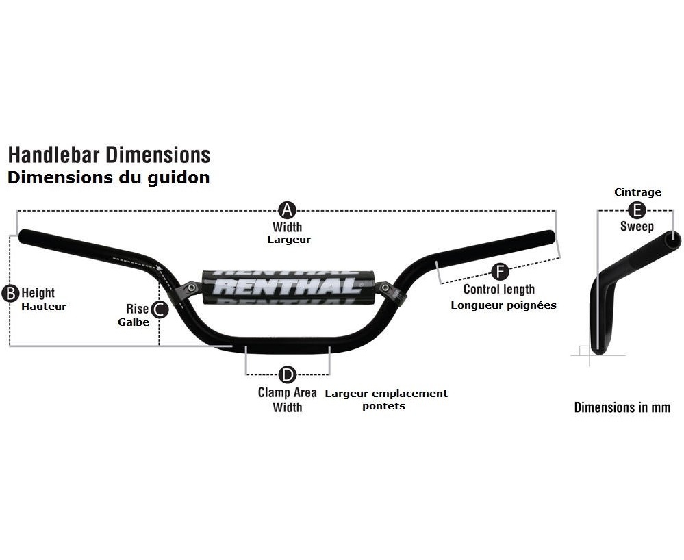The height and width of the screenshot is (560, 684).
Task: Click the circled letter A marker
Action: click(x=288, y=209)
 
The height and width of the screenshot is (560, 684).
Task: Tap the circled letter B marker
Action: click(x=11, y=294)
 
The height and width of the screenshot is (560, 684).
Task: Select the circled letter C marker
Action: click(x=159, y=309)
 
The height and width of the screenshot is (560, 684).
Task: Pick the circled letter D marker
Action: click(x=288, y=374)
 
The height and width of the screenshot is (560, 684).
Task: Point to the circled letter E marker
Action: click(x=637, y=209)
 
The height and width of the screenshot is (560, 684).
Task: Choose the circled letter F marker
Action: click(x=500, y=272)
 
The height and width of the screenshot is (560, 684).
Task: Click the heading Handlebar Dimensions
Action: click(x=109, y=155)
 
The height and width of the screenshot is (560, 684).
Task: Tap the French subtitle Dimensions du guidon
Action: click(x=108, y=178)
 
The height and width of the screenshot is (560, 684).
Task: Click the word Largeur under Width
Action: click(x=288, y=240)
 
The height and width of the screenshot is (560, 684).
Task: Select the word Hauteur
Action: click(x=44, y=307)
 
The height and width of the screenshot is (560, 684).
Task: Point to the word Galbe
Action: click(x=134, y=322)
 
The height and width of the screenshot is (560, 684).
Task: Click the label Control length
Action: click(x=499, y=290)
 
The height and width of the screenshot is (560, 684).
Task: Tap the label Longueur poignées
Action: click(x=503, y=305)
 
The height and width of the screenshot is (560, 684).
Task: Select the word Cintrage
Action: click(x=637, y=192)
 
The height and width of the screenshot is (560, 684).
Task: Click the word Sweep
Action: click(x=637, y=227)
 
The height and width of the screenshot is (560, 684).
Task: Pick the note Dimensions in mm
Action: click(x=622, y=408)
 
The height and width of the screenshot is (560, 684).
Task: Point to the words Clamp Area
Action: click(x=287, y=392)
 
